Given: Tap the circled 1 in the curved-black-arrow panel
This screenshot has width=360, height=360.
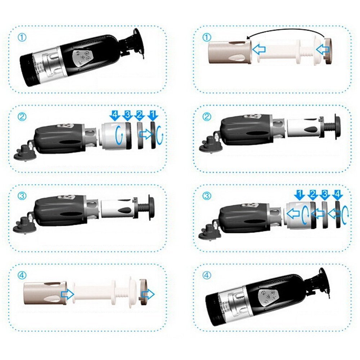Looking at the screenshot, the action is click(207, 37).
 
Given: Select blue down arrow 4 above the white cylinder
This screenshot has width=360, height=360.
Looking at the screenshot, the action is click(115, 115).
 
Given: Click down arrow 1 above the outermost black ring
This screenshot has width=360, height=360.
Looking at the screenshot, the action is click(153, 115).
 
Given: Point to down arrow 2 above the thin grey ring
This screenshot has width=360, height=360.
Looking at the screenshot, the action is click(139, 115).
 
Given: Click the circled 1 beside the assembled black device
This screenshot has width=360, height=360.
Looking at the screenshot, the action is click(22, 37).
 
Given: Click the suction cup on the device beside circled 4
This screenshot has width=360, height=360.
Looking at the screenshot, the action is click(324, 283).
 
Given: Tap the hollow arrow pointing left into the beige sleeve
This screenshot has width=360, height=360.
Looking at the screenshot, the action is click(259, 49).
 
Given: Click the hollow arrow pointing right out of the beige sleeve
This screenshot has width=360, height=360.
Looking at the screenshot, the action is click(68, 294).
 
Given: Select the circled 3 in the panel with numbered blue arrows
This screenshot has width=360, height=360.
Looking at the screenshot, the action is click(207, 196).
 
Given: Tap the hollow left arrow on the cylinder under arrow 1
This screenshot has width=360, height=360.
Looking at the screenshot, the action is click(293, 214).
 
